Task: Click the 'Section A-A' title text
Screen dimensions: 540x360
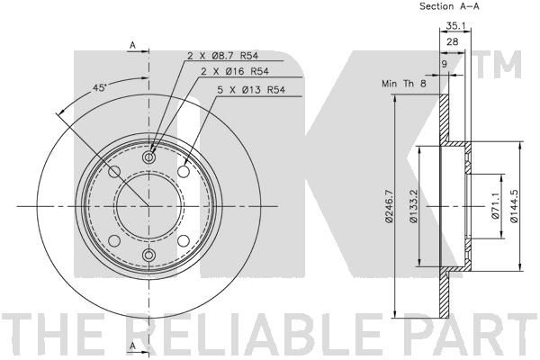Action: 449,6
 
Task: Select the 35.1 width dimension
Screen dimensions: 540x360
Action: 454,25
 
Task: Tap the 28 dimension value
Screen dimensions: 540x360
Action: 452,41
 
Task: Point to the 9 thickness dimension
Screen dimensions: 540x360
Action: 444,64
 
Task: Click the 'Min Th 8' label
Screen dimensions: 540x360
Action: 403,84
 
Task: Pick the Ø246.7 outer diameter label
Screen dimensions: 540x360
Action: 388,206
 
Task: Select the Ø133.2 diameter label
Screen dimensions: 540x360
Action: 414,206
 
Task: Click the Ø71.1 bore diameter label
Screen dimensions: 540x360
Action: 495,206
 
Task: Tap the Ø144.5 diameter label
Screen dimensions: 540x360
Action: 514,206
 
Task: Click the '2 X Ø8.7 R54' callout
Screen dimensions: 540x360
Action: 222,56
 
